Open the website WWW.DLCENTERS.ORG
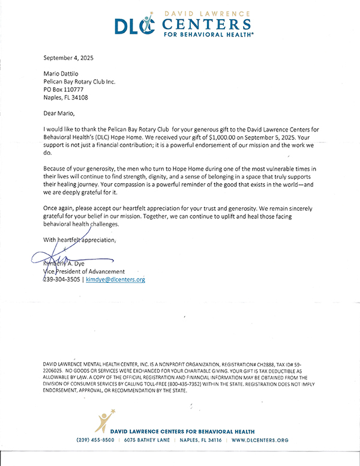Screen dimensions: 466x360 (x=260, y=440)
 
